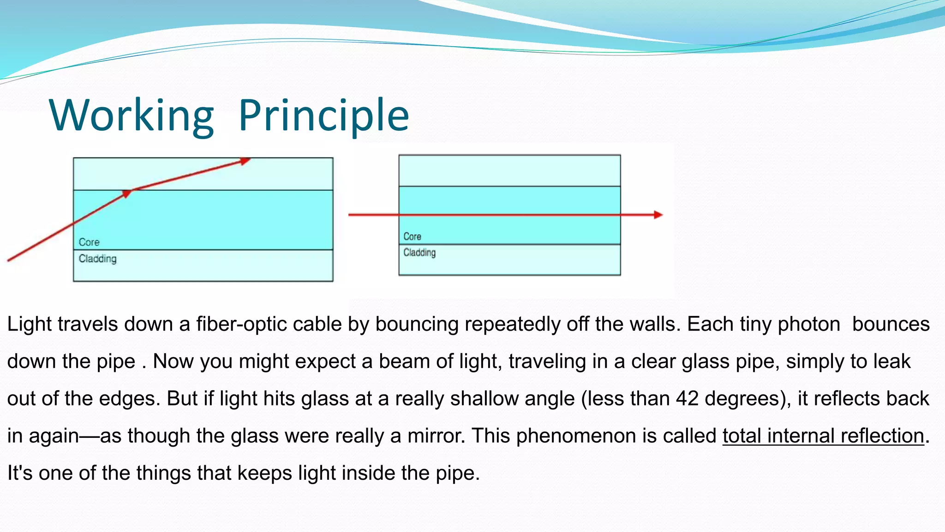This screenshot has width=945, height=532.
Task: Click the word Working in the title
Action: click(132, 115)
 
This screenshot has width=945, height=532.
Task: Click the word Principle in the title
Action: click(323, 115)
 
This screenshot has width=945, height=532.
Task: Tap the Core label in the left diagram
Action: click(89, 242)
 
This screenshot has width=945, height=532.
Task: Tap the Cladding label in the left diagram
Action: click(97, 259)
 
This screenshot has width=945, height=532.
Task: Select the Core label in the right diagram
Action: click(412, 236)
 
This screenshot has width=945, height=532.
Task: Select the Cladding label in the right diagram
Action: click(419, 253)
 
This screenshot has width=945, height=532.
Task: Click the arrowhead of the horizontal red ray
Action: click(658, 215)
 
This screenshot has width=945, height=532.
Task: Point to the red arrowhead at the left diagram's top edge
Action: click(245, 161)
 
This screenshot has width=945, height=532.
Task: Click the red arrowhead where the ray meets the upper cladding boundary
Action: click(126, 193)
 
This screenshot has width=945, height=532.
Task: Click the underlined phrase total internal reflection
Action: click(823, 436)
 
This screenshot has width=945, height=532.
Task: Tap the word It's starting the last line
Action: click(20, 473)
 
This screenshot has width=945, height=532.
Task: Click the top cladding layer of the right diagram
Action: click(509, 171)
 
